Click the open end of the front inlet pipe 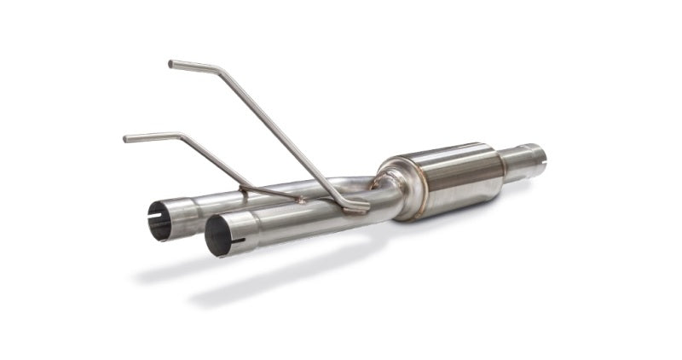click(x=218, y=235)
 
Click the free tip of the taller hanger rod click(x=171, y=63)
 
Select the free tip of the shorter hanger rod click(x=126, y=138)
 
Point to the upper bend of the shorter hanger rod click(x=179, y=136)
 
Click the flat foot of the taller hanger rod click(x=354, y=206)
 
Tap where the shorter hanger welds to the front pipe click(x=298, y=200)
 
